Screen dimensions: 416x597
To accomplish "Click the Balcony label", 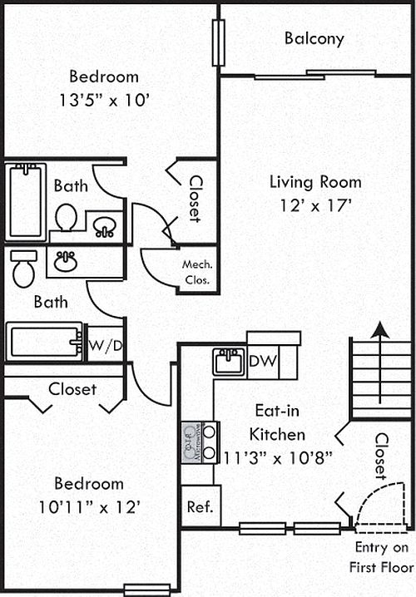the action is [x=314, y=39].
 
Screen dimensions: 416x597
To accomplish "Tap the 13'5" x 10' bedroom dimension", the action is [x=104, y=100].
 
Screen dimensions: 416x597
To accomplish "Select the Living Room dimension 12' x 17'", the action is [x=315, y=205].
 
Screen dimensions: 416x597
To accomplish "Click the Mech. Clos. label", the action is [x=197, y=272].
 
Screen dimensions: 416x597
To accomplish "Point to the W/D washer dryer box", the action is [x=106, y=344].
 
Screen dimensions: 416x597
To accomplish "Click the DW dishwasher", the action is [x=263, y=361].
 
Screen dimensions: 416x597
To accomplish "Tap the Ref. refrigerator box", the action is [x=201, y=506].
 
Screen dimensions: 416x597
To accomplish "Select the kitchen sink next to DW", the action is [x=229, y=362].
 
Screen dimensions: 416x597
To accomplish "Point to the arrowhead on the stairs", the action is [x=380, y=330].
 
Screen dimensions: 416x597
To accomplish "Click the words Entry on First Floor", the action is [x=381, y=557].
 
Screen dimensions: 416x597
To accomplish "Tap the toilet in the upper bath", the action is [x=66, y=217].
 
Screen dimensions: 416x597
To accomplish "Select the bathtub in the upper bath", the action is [x=26, y=202].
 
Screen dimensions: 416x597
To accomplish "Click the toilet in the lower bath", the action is [x=23, y=269].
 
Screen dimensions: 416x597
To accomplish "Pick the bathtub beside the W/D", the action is [x=44, y=342].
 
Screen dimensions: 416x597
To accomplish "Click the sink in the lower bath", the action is [x=66, y=261].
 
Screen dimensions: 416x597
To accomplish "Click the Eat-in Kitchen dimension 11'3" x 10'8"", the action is [x=277, y=457].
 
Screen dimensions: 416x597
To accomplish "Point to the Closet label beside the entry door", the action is [x=381, y=456].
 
